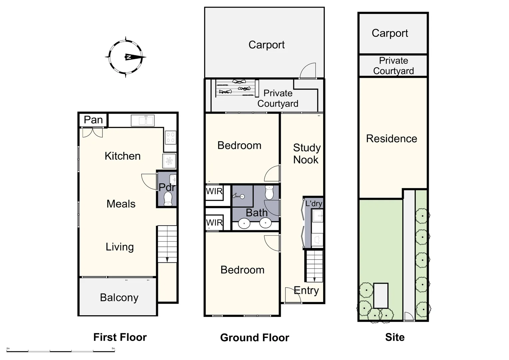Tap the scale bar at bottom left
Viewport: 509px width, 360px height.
point(61,351)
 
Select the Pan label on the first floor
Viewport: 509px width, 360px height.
point(93,120)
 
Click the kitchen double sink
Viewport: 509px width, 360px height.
point(143,120)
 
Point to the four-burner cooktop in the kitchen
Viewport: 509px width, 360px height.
point(171,137)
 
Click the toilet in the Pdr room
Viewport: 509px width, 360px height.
point(168,199)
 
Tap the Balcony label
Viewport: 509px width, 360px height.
point(119,297)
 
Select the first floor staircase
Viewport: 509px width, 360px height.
point(167,244)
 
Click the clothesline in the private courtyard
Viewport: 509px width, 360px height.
point(236,88)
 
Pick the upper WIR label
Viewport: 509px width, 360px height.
point(214,192)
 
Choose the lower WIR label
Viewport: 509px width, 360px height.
point(214,223)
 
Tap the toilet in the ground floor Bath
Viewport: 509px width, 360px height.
point(269,192)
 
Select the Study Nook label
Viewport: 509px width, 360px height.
point(306,154)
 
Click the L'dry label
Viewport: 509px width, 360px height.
point(313,203)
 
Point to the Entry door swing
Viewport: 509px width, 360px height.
point(292,295)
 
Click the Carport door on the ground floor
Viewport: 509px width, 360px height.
point(307,71)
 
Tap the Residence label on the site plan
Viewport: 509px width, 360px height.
point(391,139)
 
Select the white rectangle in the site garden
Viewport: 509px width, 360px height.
point(380,296)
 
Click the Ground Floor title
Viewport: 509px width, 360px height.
point(254,338)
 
